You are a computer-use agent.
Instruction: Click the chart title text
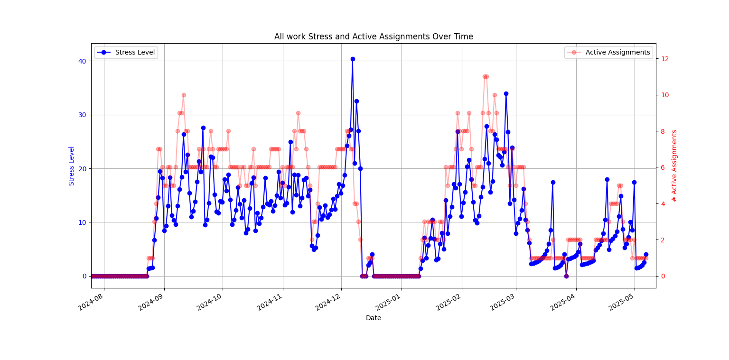click(x=374, y=37)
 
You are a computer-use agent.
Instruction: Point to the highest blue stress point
click(x=353, y=59)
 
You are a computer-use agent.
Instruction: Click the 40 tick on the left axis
click(x=82, y=61)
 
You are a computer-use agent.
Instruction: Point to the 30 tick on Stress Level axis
click(x=82, y=115)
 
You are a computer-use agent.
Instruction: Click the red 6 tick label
click(x=661, y=168)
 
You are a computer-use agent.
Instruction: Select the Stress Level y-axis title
click(x=72, y=166)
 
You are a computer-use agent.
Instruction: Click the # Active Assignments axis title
click(x=674, y=166)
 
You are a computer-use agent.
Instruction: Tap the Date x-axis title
click(x=374, y=318)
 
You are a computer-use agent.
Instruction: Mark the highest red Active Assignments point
click(x=485, y=76)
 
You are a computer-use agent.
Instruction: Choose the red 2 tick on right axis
click(x=661, y=240)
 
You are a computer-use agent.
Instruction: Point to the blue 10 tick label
click(x=82, y=222)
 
